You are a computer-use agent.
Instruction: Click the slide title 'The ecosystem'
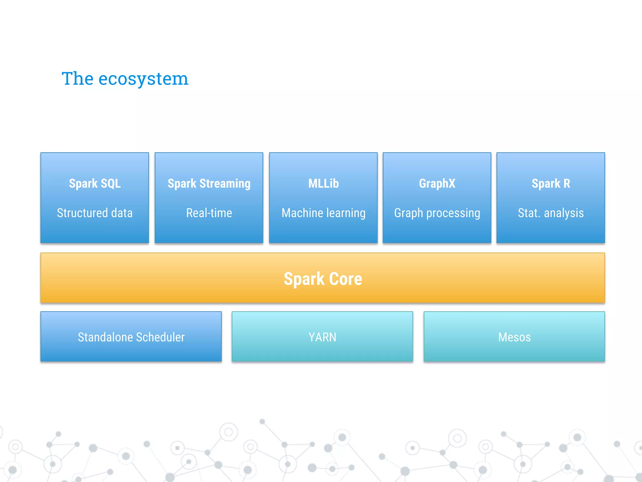pos(125,78)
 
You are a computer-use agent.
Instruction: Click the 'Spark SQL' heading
pos(95,184)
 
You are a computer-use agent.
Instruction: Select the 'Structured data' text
pos(95,213)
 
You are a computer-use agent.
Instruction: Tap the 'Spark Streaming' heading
pos(209,184)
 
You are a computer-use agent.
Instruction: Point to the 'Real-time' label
pos(209,213)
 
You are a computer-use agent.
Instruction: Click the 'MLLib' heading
pos(324,184)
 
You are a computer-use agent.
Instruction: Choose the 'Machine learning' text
pos(324,213)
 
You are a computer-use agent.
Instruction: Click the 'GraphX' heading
pos(437,184)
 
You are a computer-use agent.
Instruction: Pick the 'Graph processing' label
pos(437,213)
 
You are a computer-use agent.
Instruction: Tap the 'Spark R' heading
pos(551,184)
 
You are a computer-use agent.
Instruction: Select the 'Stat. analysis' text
pos(551,213)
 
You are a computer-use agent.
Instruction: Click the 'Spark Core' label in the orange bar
pos(323,279)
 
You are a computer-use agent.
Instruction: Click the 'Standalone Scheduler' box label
pos(131,337)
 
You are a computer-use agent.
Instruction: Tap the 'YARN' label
pos(322,337)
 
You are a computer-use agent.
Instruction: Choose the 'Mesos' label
pos(514,337)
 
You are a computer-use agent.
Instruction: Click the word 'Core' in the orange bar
pos(345,279)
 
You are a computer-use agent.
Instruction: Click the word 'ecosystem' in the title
pos(143,79)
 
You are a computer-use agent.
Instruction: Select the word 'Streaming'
pos(225,184)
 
